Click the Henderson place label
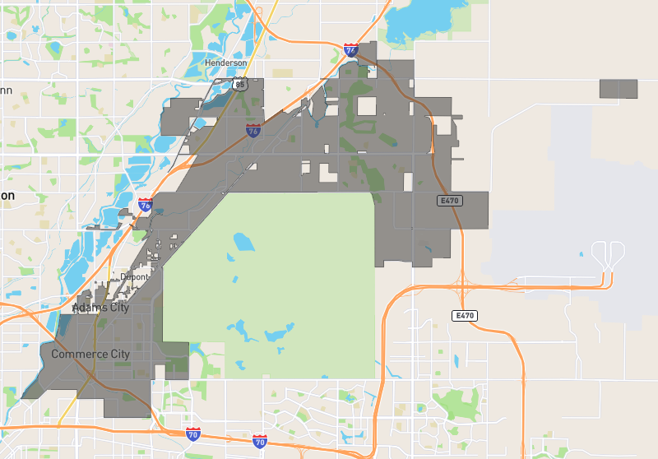[225, 63]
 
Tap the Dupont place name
[134, 277]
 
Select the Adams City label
[101, 308]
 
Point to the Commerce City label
[90, 355]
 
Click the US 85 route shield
[239, 83]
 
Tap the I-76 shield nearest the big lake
[351, 50]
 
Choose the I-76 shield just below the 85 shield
[253, 131]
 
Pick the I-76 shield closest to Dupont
[145, 205]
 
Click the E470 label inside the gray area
[448, 200]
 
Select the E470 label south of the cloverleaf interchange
[465, 315]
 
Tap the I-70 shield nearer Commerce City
[192, 433]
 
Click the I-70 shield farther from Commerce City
[260, 441]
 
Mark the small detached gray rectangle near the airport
[619, 89]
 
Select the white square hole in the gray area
[366, 105]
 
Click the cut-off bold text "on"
[7, 196]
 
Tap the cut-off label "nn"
[5, 90]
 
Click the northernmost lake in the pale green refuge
[243, 242]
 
